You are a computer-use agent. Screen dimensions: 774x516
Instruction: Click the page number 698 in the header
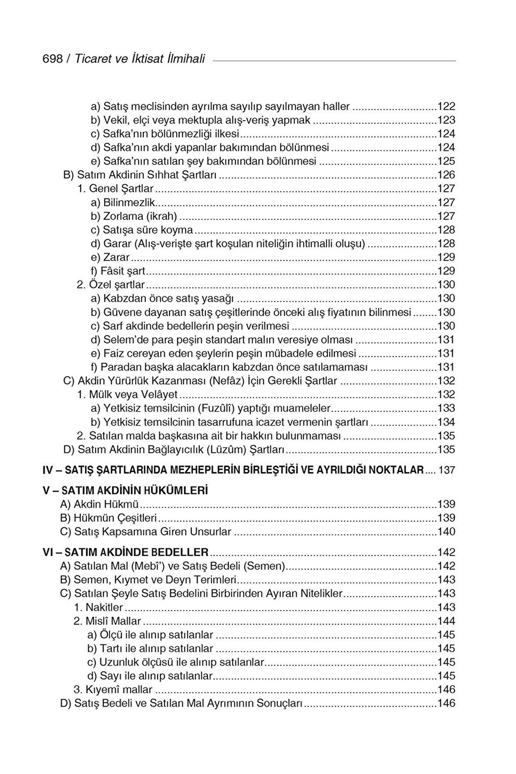[x=52, y=58]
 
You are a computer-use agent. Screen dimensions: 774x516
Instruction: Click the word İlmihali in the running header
[x=186, y=58]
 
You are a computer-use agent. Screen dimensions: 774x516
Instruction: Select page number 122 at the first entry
[x=446, y=106]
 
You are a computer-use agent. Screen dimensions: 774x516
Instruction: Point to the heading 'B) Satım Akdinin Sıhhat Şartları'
[x=141, y=175]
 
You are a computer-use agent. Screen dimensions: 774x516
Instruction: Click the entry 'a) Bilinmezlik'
[x=124, y=202]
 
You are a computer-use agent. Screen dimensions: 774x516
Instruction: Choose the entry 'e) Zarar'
[x=110, y=257]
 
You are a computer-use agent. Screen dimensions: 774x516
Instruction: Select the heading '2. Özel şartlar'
[x=111, y=285]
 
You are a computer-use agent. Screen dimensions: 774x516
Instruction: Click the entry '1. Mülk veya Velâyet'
[x=128, y=395]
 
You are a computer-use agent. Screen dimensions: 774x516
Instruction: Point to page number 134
[x=446, y=422]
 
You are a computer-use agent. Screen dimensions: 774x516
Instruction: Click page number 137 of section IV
[x=446, y=470]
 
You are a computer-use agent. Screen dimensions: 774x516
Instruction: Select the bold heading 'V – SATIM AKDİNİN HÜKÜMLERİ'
[x=125, y=491]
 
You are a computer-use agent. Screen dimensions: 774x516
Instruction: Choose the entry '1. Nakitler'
[x=99, y=607]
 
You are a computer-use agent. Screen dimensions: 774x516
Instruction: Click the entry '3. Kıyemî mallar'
[x=113, y=689]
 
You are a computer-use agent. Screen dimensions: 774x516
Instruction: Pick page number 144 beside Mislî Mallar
[x=446, y=621]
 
